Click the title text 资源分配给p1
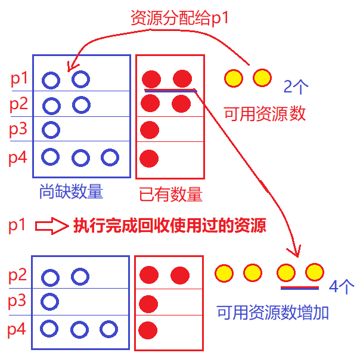[x=179, y=18]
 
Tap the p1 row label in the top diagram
[x=18, y=78]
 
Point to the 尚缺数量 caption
[x=71, y=192]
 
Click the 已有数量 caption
[x=170, y=194]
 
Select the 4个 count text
[x=342, y=287]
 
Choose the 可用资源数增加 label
[x=272, y=312]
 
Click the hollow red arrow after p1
[x=51, y=226]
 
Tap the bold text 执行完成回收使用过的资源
[x=169, y=226]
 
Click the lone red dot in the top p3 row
[x=150, y=129]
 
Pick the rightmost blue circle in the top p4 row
[x=110, y=157]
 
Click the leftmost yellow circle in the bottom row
[x=224, y=273]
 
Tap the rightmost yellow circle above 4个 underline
[x=314, y=273]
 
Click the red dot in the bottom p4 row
[x=148, y=329]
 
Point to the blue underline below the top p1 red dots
[x=170, y=91]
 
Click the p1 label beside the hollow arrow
[x=18, y=226]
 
